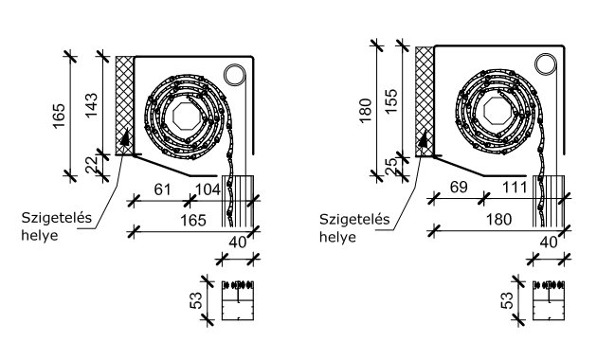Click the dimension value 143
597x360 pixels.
point(92,105)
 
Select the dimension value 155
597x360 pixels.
point(391,100)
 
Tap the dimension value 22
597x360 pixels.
point(91,165)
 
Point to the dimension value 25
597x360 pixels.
point(391,167)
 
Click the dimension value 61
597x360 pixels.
point(163,189)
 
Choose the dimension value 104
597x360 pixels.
point(208,189)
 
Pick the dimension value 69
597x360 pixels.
point(459,188)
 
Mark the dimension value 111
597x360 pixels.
point(515,188)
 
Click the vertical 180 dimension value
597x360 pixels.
point(366,110)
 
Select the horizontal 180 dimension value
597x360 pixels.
point(498,220)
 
